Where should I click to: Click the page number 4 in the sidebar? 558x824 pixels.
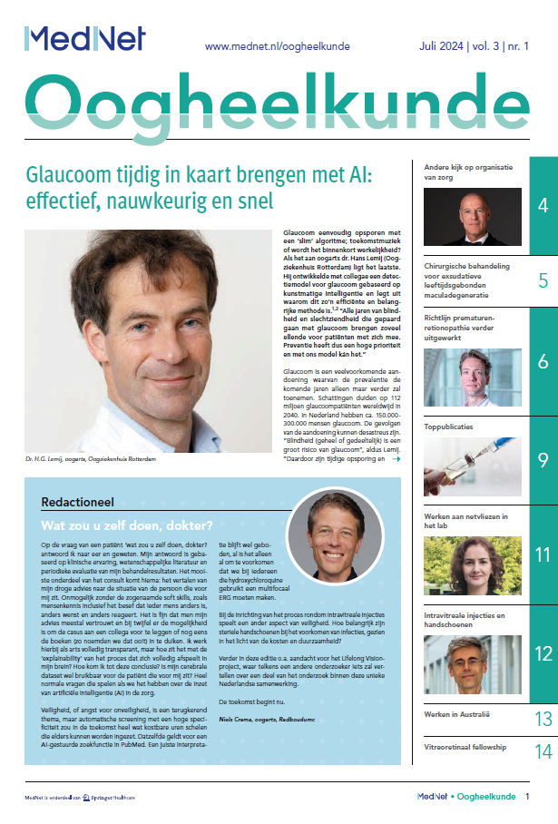coord(543,205)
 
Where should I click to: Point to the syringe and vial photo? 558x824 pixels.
coord(473,468)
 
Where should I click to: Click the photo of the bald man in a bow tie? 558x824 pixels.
coord(473,217)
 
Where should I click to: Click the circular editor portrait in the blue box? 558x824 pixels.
coord(335,534)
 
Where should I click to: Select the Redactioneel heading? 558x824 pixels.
coord(76,502)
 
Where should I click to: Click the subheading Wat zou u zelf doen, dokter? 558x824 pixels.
coord(127,525)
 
